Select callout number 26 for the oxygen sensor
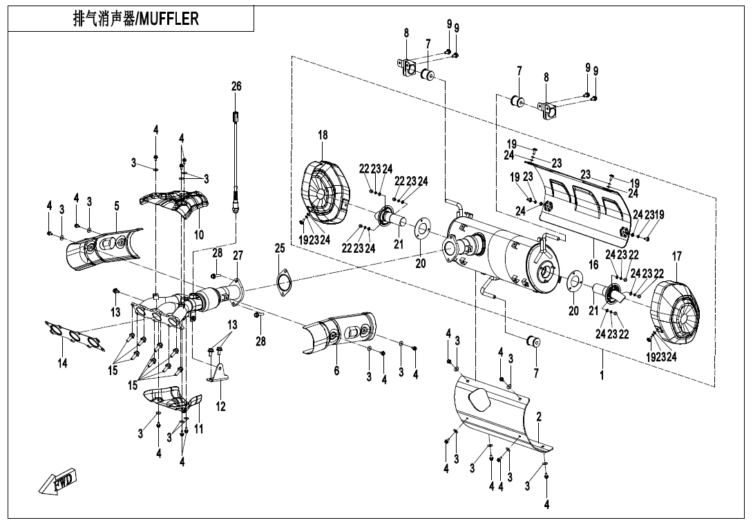[x=236, y=86]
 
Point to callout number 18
[x=323, y=135]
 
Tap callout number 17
[x=676, y=256]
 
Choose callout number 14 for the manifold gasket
[x=62, y=363]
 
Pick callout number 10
[x=199, y=235]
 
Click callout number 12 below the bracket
[x=220, y=407]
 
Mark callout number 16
[x=593, y=265]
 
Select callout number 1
[x=602, y=375]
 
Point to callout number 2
[x=538, y=417]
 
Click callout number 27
[x=238, y=256]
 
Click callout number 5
[x=117, y=206]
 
